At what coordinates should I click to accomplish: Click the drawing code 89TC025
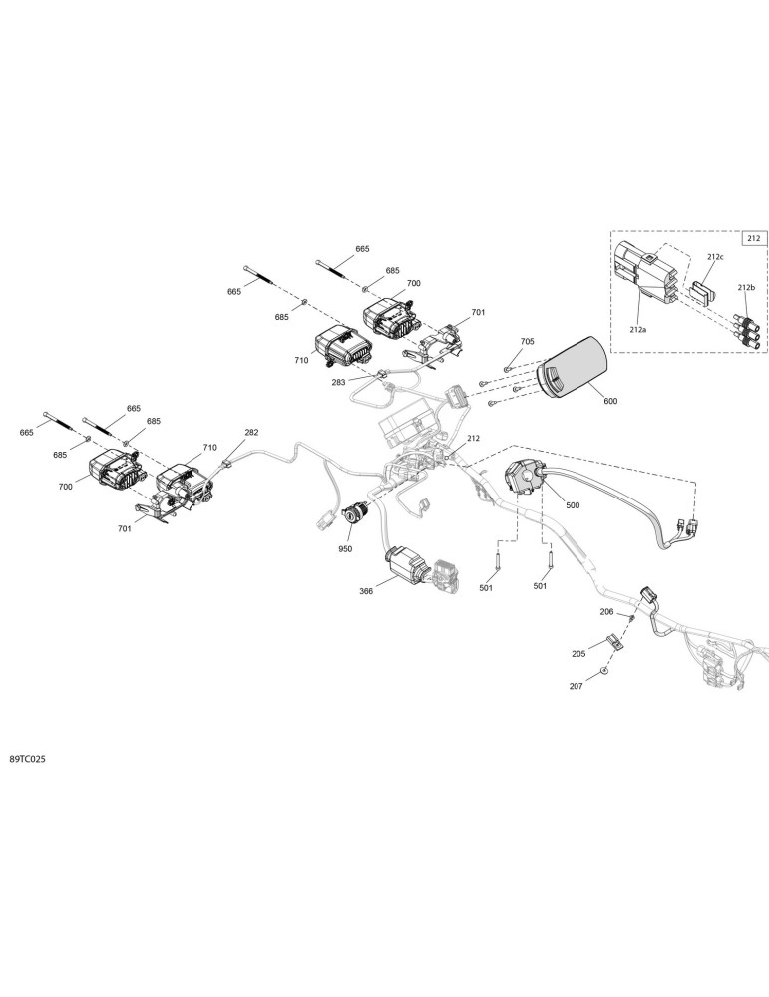point(27,759)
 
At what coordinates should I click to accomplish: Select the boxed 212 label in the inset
point(753,239)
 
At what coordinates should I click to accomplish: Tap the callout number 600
point(610,401)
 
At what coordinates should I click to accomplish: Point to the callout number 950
point(345,549)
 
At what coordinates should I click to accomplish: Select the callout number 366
point(366,591)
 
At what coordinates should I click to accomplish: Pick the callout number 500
point(573,505)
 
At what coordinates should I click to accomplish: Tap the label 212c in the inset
point(714,257)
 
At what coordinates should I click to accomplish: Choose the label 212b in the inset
point(747,287)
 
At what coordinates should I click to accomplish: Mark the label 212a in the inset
point(638,330)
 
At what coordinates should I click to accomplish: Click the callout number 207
point(576,686)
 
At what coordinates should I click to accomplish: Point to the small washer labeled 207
point(603,671)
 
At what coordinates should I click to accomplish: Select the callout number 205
point(578,654)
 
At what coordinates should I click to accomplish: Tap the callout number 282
point(252,433)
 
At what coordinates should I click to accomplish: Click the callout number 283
point(338,382)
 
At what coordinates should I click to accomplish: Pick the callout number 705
point(528,341)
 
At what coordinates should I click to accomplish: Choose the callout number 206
point(606,612)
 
